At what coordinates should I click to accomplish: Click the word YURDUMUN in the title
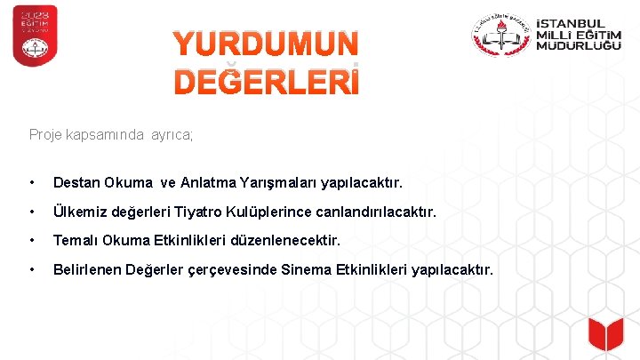(266, 44)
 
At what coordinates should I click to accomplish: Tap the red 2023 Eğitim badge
(35, 36)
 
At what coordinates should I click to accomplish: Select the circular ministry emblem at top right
(500, 36)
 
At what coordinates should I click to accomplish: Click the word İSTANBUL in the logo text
(572, 23)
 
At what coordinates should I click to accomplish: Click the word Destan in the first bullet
(76, 183)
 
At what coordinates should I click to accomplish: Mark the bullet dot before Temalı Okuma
(32, 240)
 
